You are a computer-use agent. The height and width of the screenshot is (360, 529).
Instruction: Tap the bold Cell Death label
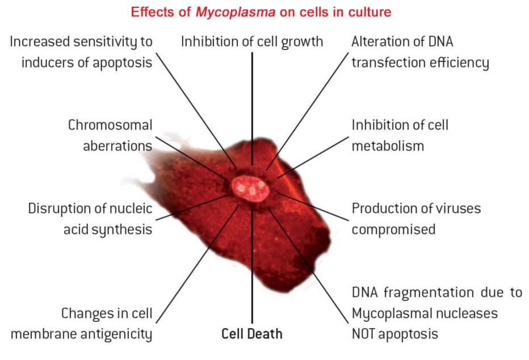click(x=251, y=334)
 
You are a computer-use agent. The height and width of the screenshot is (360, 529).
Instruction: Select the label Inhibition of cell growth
click(x=252, y=41)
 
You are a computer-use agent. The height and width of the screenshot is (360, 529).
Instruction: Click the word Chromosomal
click(x=110, y=125)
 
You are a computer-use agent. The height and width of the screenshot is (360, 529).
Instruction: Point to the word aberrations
click(x=117, y=145)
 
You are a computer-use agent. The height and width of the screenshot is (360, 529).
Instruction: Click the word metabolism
click(x=388, y=145)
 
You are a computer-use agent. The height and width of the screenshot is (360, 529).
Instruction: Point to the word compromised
click(x=393, y=229)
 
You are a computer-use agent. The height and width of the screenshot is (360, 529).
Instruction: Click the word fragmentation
click(x=423, y=292)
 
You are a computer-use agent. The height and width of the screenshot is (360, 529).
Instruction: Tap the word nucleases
click(x=469, y=313)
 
